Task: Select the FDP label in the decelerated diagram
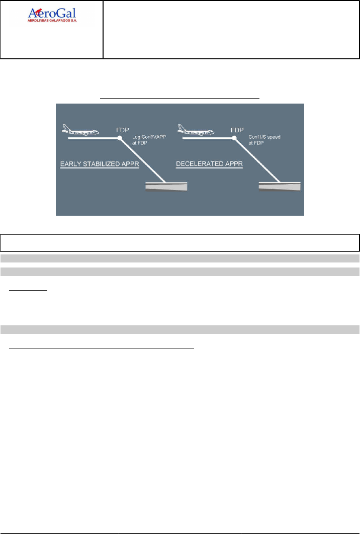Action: coord(237,129)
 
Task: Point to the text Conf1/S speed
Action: coord(262,137)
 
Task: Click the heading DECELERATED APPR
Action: coord(209,164)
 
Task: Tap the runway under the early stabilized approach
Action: coord(166,187)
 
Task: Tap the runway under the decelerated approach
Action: coord(280,187)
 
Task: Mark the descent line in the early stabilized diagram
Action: coord(143,160)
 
